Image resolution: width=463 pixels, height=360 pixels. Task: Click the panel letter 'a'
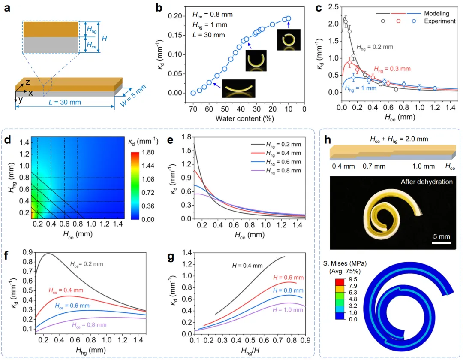(x=7, y=7)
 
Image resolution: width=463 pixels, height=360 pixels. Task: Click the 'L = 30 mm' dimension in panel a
(x=64, y=102)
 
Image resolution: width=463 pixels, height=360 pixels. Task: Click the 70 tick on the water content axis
(x=193, y=108)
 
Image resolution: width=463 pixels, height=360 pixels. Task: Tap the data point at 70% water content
(x=193, y=93)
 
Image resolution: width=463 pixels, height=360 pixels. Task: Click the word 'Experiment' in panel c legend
(x=439, y=21)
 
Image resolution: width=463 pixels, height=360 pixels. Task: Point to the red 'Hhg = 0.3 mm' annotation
(x=392, y=69)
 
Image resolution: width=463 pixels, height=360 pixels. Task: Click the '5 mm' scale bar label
(x=441, y=236)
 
